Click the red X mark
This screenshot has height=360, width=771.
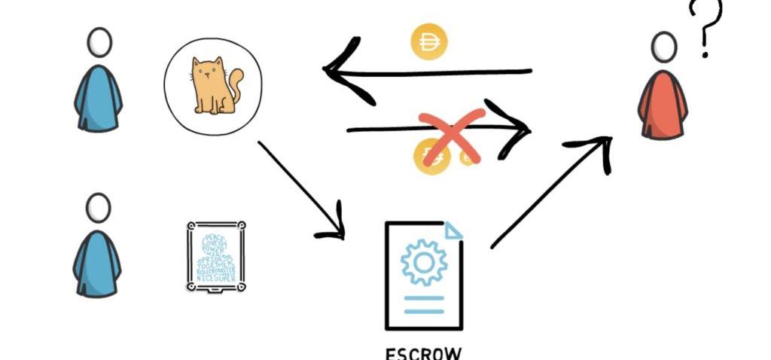pos(451,133)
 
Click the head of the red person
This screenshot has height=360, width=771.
pos(663,47)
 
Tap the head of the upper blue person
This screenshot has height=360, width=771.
pos(99,43)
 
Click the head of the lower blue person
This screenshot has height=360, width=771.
pos(98,207)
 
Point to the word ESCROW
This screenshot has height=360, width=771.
pos(423,352)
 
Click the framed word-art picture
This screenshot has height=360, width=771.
pos(216,256)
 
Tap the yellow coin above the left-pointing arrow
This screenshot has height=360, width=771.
pos(428,42)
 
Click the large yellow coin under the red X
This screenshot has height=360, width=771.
pos(432,157)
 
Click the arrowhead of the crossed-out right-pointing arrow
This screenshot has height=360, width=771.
pos(512,129)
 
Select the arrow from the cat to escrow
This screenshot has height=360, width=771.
pos(301,188)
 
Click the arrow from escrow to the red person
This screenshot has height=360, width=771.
pos(550,192)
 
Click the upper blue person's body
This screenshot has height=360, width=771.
pos(98,98)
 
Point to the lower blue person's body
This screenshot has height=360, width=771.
pos(97,264)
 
